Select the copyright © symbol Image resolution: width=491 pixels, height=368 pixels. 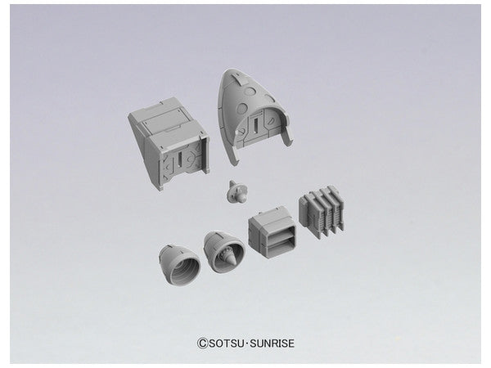203,343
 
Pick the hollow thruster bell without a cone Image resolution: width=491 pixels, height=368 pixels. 178,265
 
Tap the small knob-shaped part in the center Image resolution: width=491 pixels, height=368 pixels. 237,191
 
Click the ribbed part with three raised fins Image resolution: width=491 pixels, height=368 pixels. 322,211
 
